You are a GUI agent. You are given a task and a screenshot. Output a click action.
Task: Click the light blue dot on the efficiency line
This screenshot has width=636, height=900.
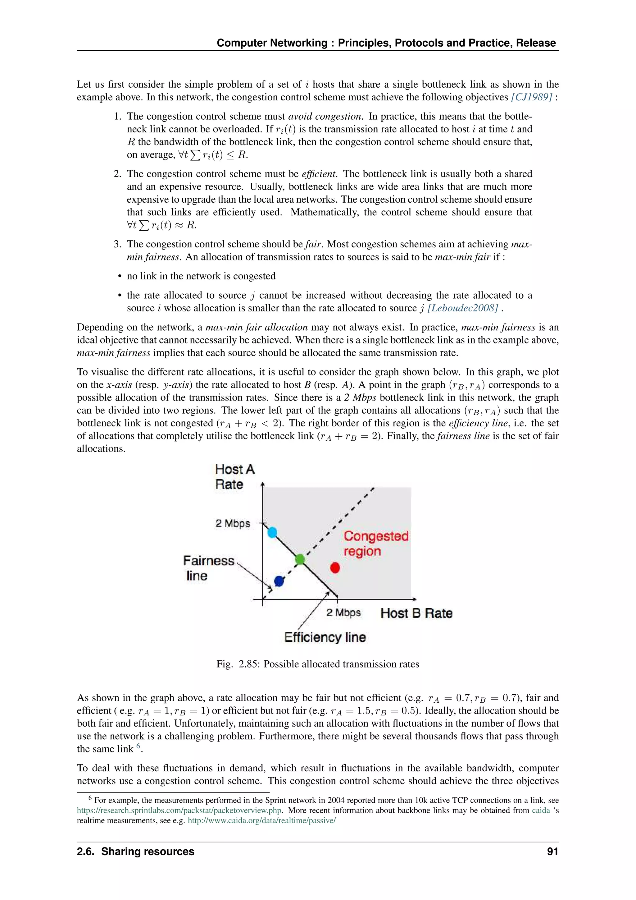(272, 532)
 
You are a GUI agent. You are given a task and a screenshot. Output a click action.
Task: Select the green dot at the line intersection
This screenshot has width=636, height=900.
(300, 559)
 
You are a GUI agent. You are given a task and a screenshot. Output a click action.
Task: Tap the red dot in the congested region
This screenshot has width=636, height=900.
(335, 567)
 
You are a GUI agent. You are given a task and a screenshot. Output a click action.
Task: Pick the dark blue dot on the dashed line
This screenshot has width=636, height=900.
(279, 581)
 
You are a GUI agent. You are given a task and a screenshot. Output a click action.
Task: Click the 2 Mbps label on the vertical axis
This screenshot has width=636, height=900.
(233, 523)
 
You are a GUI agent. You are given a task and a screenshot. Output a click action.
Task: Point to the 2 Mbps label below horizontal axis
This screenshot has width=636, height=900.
(343, 613)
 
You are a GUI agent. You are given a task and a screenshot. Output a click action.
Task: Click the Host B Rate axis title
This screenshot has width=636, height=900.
(416, 613)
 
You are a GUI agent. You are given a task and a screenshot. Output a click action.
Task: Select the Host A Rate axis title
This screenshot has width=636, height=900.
(234, 476)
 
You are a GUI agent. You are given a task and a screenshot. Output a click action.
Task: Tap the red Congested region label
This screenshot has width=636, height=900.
(375, 543)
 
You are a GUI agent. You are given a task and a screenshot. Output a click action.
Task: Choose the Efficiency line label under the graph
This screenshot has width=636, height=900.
(325, 637)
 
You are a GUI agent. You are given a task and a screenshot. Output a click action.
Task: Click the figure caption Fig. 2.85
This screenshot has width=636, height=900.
(318, 664)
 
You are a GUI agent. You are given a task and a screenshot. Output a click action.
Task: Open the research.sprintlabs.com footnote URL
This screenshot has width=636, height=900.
(179, 810)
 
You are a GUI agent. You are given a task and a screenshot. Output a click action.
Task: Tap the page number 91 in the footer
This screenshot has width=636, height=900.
(552, 852)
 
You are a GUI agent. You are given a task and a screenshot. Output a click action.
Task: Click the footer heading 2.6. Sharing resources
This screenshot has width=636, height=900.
(135, 852)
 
